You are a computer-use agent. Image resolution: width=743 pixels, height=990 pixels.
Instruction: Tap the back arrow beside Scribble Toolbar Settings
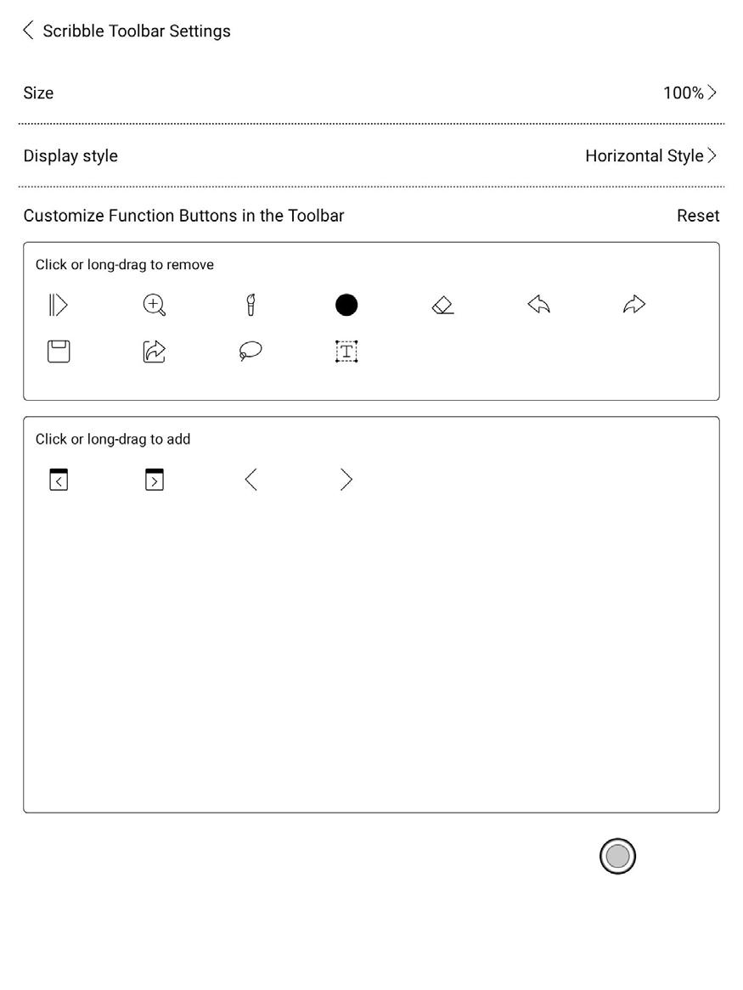(28, 31)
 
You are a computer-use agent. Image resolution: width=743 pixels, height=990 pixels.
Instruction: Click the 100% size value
(684, 93)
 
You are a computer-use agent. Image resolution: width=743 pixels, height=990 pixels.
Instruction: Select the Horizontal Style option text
(644, 155)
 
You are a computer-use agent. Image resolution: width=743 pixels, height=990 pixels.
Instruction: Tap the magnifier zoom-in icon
(154, 305)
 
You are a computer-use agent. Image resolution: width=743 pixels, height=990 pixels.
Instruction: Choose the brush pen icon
(250, 305)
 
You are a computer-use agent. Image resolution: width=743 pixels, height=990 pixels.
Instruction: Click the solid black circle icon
(346, 305)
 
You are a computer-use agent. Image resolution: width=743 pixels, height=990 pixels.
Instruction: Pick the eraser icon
(442, 305)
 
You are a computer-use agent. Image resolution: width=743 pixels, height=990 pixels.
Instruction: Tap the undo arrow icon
(538, 305)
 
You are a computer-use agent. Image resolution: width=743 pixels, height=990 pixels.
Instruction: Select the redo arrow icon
(634, 305)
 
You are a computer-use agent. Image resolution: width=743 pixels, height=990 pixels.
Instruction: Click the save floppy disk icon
(59, 352)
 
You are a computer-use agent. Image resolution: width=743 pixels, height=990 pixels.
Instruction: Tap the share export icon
(154, 352)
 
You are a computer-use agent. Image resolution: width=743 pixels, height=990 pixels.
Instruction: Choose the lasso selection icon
(250, 352)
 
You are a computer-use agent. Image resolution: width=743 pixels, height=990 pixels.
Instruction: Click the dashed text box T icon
(346, 352)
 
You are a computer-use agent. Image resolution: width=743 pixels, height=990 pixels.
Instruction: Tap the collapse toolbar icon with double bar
(58, 305)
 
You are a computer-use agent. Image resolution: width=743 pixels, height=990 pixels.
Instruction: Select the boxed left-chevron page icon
(59, 480)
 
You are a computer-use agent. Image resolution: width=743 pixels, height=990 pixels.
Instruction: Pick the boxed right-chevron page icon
(154, 480)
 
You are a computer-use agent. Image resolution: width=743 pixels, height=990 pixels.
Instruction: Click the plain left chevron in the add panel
(250, 480)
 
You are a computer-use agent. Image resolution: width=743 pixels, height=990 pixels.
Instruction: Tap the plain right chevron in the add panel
(346, 480)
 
